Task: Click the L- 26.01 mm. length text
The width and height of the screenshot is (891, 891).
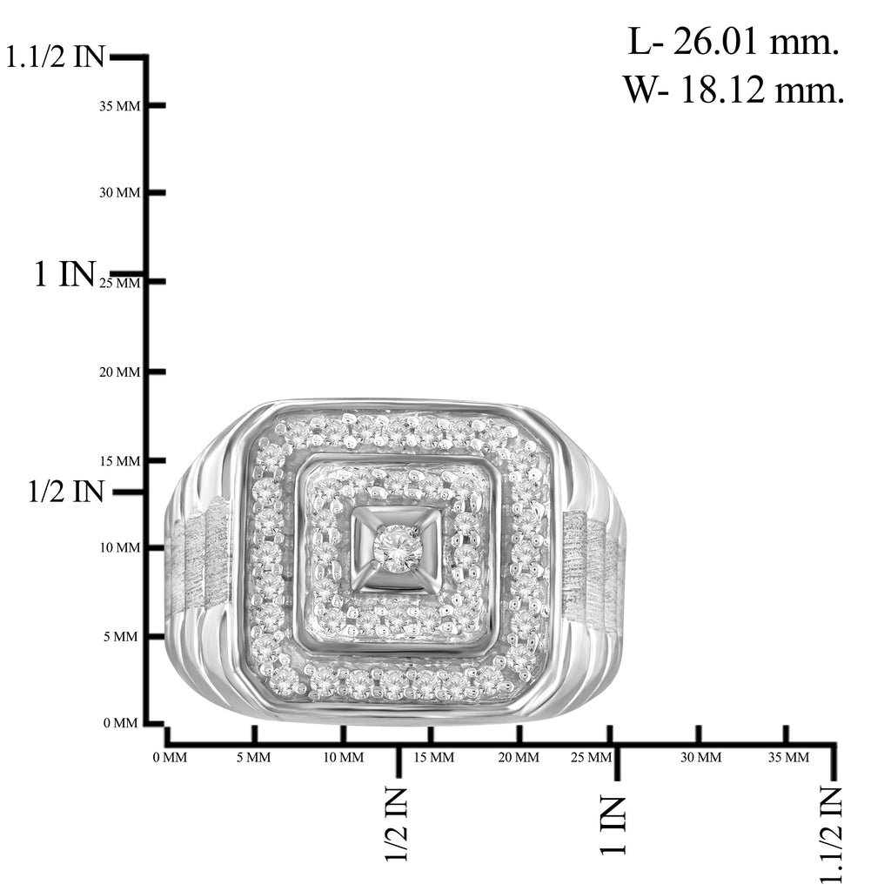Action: (x=733, y=42)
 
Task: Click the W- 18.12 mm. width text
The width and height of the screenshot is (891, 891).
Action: (x=734, y=90)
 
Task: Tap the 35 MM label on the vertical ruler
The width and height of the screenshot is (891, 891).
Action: (x=119, y=106)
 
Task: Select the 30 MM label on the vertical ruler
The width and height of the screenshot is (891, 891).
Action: (x=119, y=192)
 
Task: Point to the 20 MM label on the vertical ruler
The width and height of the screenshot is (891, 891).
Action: (x=119, y=372)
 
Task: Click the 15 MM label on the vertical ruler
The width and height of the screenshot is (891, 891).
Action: (x=119, y=461)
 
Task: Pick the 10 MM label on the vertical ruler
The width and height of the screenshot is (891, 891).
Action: (x=119, y=548)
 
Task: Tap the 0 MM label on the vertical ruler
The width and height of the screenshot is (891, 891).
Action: (x=120, y=723)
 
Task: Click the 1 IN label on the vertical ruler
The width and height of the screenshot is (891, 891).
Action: (x=64, y=274)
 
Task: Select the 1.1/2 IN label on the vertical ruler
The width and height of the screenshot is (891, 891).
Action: (x=55, y=57)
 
